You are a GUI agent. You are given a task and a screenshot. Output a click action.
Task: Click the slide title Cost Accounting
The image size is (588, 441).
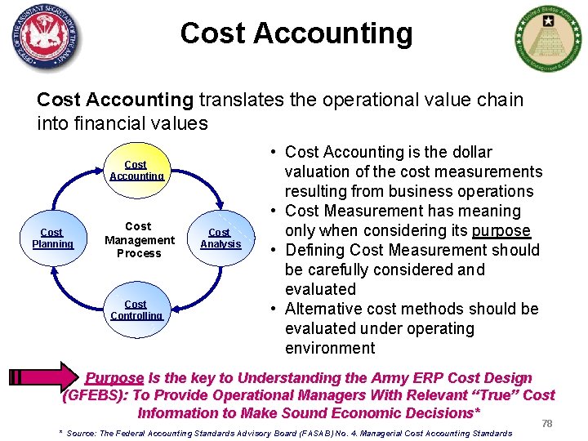pos(296,33)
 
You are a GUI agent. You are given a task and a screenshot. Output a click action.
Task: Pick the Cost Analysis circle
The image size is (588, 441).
pos(220,238)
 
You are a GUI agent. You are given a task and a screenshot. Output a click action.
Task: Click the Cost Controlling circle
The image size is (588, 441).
pos(136,310)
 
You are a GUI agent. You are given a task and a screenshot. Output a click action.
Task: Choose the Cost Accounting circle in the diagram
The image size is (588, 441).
pos(136,171)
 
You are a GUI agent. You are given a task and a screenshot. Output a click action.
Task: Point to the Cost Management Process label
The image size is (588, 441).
pos(139,239)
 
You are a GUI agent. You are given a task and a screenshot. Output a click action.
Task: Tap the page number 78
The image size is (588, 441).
pos(547,424)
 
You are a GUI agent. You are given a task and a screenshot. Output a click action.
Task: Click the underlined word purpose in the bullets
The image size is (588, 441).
pos(501,230)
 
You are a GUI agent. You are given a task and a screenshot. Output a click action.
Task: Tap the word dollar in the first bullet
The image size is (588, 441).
pos(467,152)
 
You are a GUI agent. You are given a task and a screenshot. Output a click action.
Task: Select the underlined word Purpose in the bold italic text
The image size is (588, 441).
pos(114,378)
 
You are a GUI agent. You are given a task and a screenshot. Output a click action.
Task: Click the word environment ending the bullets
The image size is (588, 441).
pos(330,348)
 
